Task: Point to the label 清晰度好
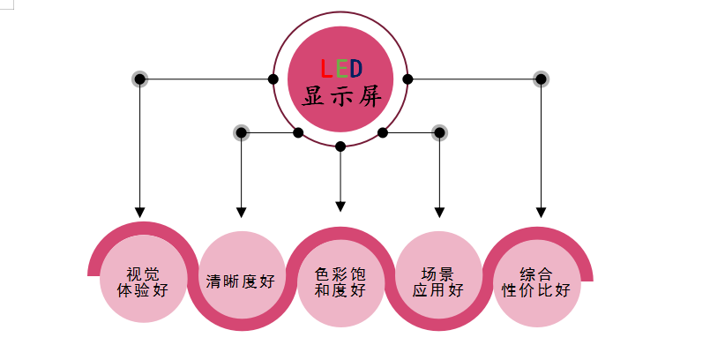(x=241, y=282)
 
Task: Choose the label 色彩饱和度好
(x=340, y=281)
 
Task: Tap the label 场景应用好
(x=439, y=281)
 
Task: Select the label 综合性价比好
(x=537, y=281)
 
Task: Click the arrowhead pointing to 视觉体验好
(x=139, y=212)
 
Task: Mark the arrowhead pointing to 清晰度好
(x=241, y=212)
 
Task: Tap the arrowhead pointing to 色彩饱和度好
(x=340, y=207)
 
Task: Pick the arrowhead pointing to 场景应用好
(x=439, y=212)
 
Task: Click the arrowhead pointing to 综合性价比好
(x=542, y=212)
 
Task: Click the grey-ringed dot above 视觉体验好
(x=139, y=79)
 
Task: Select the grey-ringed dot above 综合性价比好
(x=542, y=79)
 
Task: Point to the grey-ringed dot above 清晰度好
(x=241, y=133)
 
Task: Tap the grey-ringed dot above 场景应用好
(x=439, y=133)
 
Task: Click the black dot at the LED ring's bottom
(x=340, y=146)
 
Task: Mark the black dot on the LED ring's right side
(x=407, y=79)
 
